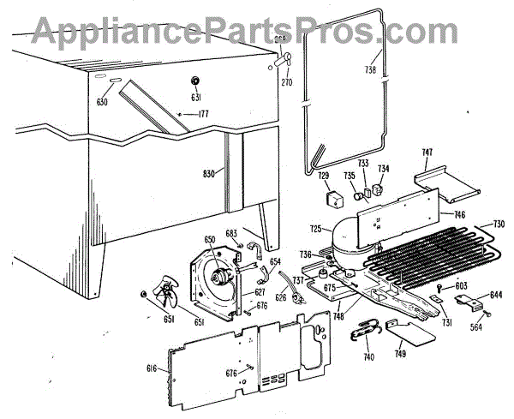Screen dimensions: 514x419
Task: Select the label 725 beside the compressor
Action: [314, 229]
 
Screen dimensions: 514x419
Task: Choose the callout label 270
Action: [286, 82]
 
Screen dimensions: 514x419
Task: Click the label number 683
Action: [230, 233]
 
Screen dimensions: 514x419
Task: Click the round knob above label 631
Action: [194, 81]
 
